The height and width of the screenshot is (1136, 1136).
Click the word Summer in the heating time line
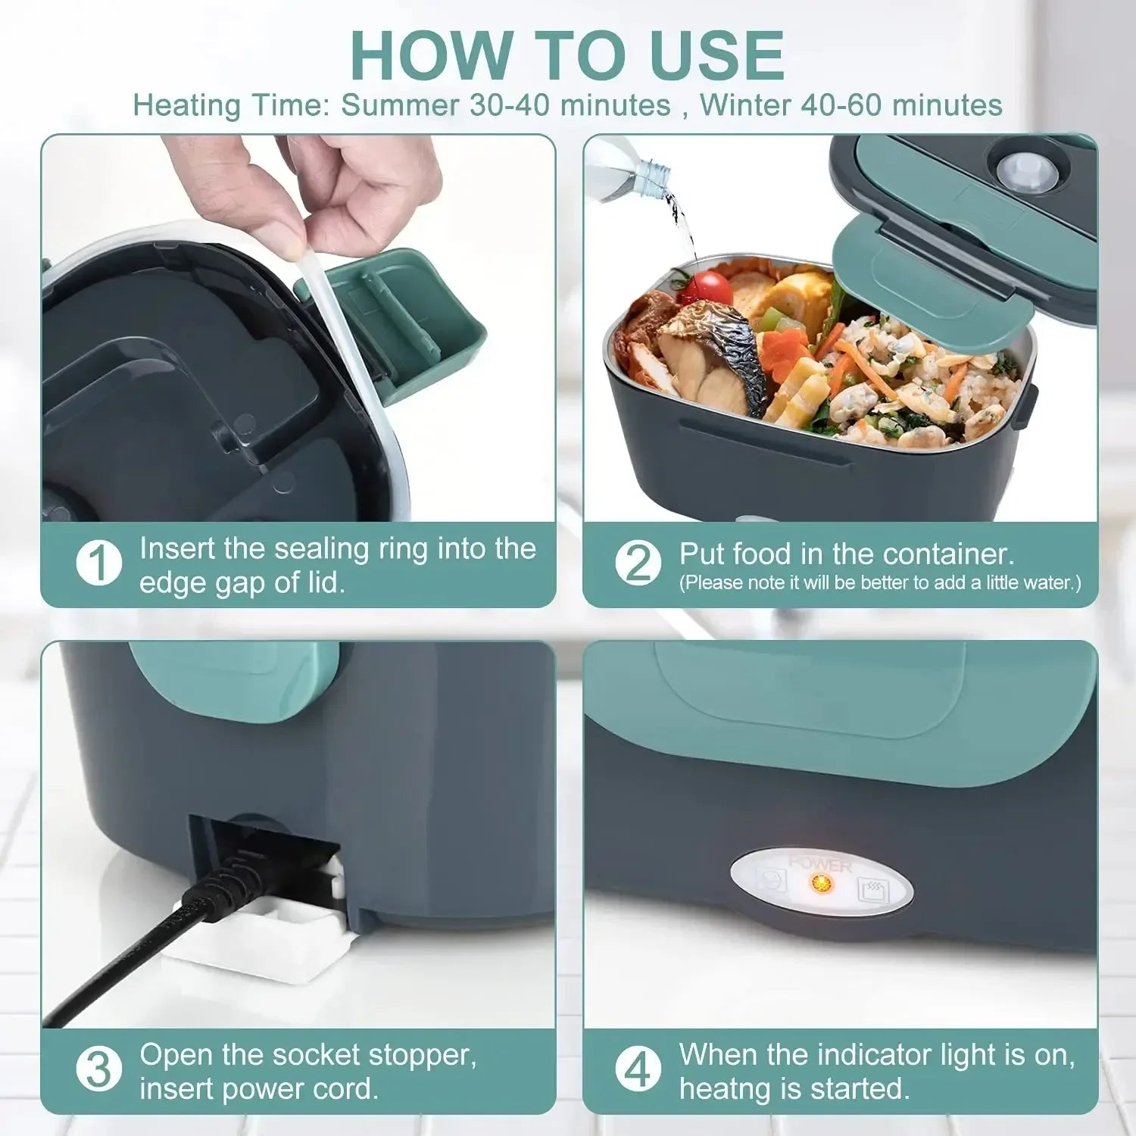click(400, 105)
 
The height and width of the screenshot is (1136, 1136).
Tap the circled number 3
click(99, 1070)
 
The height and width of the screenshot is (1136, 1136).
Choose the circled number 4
click(638, 1070)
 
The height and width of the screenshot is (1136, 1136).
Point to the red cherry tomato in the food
click(709, 289)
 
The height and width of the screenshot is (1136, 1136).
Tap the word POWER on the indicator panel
click(820, 864)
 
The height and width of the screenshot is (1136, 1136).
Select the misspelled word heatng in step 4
click(724, 1088)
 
